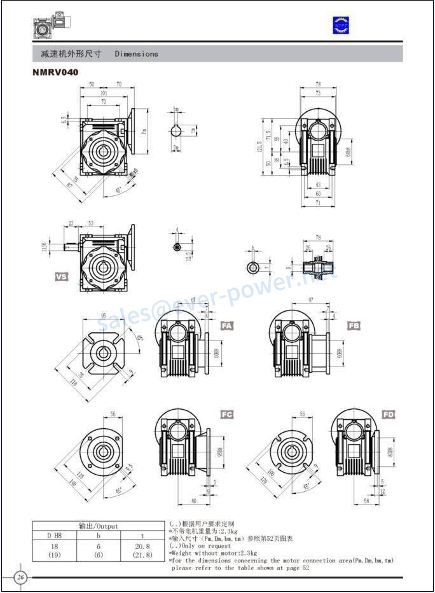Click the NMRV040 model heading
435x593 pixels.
click(x=55, y=73)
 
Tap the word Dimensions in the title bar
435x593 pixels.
click(x=136, y=54)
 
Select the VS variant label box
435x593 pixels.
click(x=62, y=277)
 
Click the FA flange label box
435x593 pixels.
click(x=227, y=326)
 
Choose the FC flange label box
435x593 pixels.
click(x=227, y=414)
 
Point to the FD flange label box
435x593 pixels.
click(x=389, y=414)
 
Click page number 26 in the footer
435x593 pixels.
click(x=20, y=577)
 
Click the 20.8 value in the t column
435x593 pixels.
click(x=142, y=546)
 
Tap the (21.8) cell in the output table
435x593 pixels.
click(x=142, y=555)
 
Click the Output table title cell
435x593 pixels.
click(x=99, y=526)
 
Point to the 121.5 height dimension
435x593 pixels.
click(x=259, y=146)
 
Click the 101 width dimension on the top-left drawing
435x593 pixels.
click(x=104, y=93)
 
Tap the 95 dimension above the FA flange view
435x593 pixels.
click(x=103, y=315)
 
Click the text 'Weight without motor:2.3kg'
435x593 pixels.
click(x=212, y=553)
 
